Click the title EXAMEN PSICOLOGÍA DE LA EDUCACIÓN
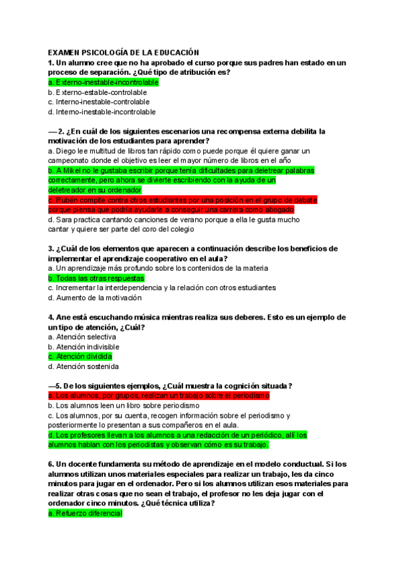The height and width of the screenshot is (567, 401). (124, 51)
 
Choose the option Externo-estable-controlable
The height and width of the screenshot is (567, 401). (98, 92)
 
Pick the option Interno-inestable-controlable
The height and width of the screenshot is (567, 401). (98, 102)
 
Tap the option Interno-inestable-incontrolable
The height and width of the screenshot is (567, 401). (102, 112)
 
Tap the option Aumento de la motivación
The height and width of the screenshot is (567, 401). (95, 298)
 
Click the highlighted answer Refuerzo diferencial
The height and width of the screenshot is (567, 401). (86, 514)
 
